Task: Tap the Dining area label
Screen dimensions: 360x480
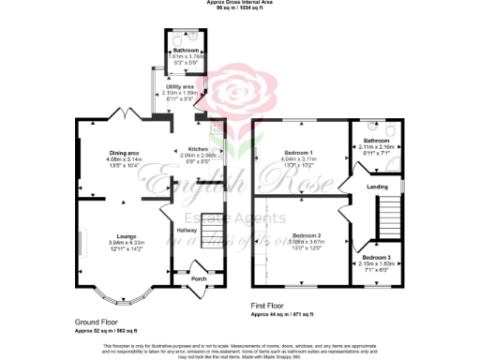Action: click(x=126, y=153)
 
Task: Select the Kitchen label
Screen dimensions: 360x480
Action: click(x=197, y=150)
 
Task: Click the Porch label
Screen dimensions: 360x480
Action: click(x=198, y=278)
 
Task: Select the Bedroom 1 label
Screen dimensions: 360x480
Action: click(x=299, y=152)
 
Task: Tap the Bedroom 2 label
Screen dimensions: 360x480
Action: click(x=307, y=234)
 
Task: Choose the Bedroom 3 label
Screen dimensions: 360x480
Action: click(x=376, y=257)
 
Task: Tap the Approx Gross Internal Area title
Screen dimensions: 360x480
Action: click(x=240, y=4)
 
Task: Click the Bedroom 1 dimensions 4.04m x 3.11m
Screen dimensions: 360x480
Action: click(x=299, y=159)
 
